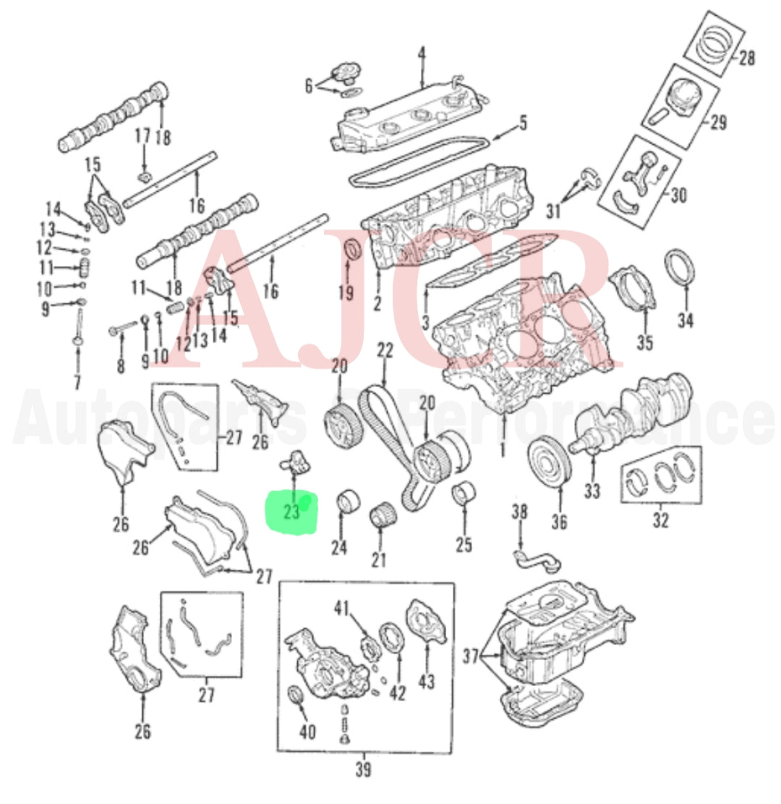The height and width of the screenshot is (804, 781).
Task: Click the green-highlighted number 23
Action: pyautogui.click(x=292, y=512)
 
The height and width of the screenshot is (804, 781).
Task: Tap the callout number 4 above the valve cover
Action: pyautogui.click(x=422, y=54)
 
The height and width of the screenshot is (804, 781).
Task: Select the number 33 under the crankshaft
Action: pyautogui.click(x=592, y=491)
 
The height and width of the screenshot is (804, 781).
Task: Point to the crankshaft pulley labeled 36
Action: pyautogui.click(x=550, y=460)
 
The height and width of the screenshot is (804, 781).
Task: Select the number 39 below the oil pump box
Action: pyautogui.click(x=364, y=770)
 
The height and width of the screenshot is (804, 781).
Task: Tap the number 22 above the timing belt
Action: pyautogui.click(x=385, y=351)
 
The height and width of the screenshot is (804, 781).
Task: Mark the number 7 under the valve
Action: pyautogui.click(x=77, y=381)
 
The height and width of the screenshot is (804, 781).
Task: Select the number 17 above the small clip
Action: pyautogui.click(x=142, y=135)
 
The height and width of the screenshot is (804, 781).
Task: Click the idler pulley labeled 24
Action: pyautogui.click(x=350, y=502)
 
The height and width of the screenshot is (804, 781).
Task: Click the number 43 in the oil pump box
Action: pyautogui.click(x=427, y=682)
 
